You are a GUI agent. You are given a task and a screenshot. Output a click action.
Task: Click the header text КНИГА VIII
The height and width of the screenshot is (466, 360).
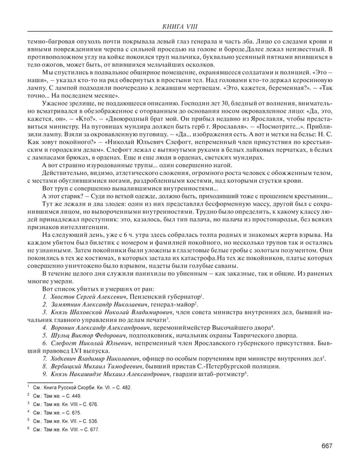pyautogui.click(x=179, y=25)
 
